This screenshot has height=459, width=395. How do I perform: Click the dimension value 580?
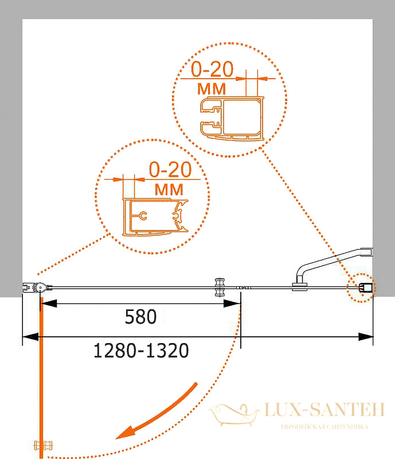(x=140, y=317)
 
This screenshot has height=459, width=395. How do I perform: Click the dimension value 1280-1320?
(x=141, y=351)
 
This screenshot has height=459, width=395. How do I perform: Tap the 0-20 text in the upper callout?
(x=212, y=69)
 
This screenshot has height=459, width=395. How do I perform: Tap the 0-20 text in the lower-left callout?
(x=170, y=169)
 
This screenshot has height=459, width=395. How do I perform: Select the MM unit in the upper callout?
(x=212, y=89)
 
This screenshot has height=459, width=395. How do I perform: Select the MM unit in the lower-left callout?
(x=169, y=190)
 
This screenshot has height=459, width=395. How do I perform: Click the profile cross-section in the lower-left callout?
(x=155, y=217)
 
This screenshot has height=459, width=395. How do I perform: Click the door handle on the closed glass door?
(x=220, y=287)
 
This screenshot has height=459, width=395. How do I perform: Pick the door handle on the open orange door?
(x=44, y=446)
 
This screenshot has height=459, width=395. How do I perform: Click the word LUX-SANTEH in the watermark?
(x=324, y=410)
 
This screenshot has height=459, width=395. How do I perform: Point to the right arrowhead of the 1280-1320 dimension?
(x=366, y=337)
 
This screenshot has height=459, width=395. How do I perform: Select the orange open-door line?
(x=41, y=378)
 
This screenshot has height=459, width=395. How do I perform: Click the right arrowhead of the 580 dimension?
(x=232, y=304)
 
